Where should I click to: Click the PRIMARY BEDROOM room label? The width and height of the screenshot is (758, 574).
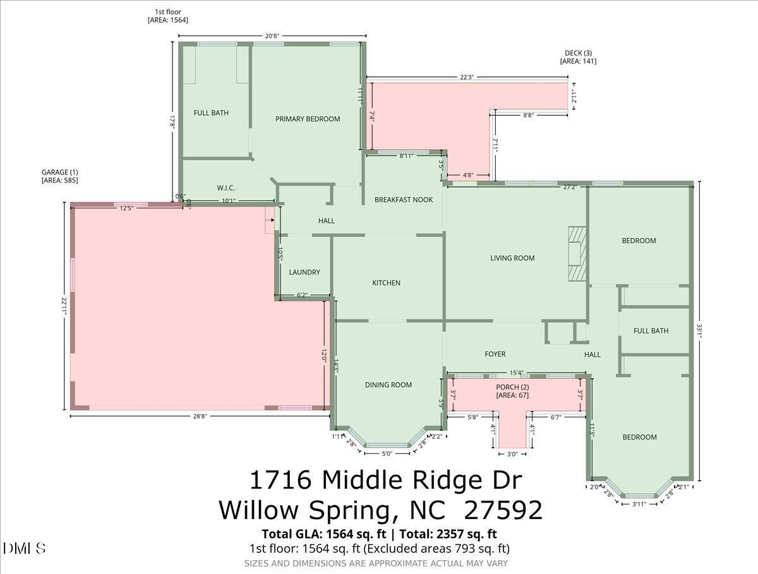pyautogui.click(x=308, y=119)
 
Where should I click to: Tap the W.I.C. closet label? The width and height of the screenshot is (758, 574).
pyautogui.click(x=226, y=188)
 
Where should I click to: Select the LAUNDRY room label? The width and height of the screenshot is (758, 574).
pyautogui.click(x=304, y=272)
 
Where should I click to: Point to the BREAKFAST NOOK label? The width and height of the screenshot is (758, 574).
pyautogui.click(x=404, y=200)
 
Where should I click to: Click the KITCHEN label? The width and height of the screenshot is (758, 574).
pyautogui.click(x=386, y=283)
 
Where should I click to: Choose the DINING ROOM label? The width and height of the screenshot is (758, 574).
pyautogui.click(x=388, y=385)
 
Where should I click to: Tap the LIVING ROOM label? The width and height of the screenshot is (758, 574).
pyautogui.click(x=512, y=258)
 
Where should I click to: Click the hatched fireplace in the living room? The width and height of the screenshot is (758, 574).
pyautogui.click(x=575, y=253)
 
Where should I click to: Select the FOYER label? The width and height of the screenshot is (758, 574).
pyautogui.click(x=495, y=354)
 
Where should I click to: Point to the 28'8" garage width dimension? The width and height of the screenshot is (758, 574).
pyautogui.click(x=200, y=416)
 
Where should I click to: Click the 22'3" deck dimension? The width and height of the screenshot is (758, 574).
pyautogui.click(x=466, y=77)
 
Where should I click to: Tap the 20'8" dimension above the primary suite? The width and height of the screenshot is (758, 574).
pyautogui.click(x=272, y=36)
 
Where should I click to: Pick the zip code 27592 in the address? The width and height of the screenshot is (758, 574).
pyautogui.click(x=503, y=510)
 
